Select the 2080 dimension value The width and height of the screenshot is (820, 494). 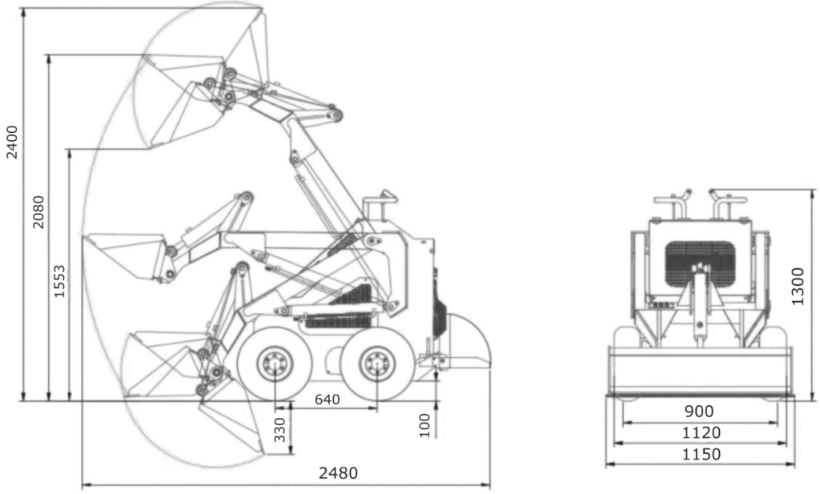38,211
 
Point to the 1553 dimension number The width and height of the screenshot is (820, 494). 59,282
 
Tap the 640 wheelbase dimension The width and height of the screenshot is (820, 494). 328,400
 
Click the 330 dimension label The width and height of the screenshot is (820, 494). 280,430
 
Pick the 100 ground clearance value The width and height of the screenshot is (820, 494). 424,425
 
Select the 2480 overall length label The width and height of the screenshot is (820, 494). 339,473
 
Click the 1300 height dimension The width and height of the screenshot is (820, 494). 798,287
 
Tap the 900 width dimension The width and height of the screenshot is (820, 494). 699,412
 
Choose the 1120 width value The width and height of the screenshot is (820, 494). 701,433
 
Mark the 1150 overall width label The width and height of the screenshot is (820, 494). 701,454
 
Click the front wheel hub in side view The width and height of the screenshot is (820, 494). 274,363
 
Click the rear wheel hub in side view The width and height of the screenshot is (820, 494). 376,363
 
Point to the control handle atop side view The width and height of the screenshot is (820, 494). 380,205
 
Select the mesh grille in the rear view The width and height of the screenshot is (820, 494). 700,263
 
